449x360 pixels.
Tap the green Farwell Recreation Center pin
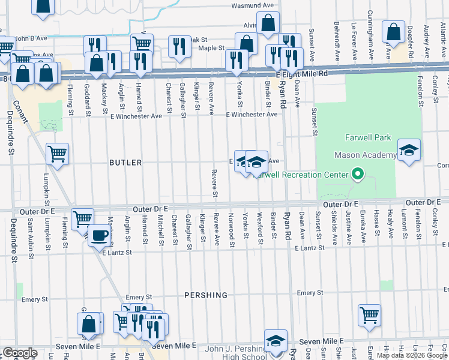coord(358,175)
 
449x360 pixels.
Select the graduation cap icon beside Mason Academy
coord(409,150)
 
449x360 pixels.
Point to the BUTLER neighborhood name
coord(125,163)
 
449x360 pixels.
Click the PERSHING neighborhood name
coord(206,295)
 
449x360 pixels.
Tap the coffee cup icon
coord(99,235)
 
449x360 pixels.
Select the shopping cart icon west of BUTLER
coord(57,154)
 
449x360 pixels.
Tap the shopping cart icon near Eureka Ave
coord(369,314)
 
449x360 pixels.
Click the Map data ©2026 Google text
coord(412,355)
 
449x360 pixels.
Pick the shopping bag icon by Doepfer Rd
coord(394,33)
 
